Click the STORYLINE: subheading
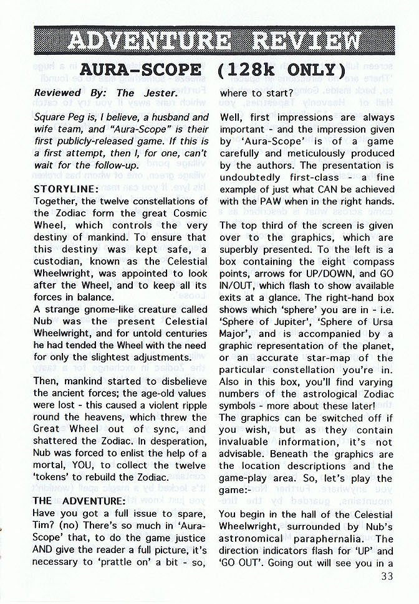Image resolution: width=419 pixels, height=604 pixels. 65,188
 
